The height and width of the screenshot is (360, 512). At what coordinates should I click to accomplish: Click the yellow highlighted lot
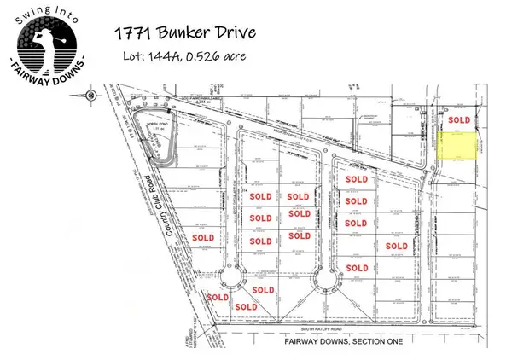[x=462, y=146]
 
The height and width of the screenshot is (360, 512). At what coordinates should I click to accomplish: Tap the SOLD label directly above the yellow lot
[x=459, y=119]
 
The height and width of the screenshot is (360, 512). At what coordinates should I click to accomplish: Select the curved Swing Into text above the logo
[x=42, y=9]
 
